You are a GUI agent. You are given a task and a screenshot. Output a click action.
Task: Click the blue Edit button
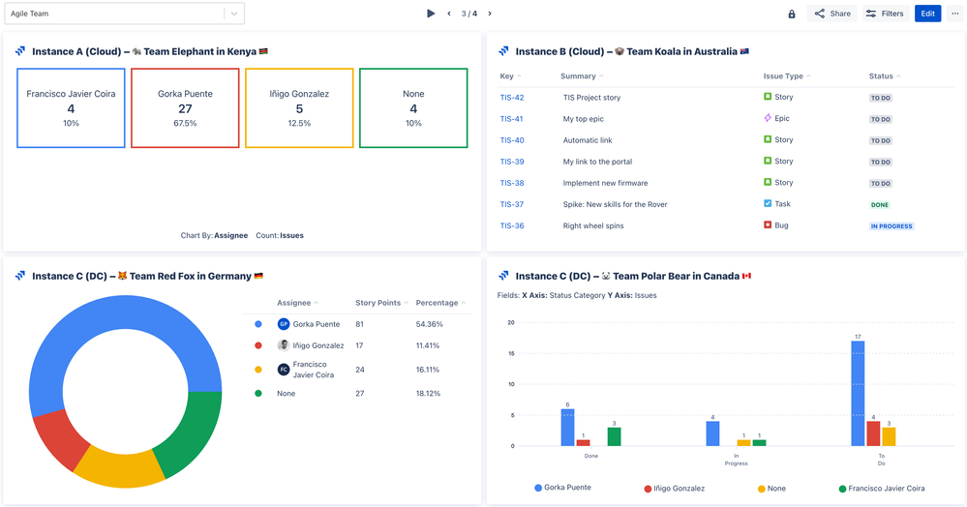pyautogui.click(x=927, y=14)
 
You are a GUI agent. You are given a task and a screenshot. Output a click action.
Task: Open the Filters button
pyautogui.click(x=884, y=14)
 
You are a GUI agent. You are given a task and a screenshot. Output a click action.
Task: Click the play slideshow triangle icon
pyautogui.click(x=431, y=14)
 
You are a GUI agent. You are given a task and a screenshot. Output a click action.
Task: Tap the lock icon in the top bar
pyautogui.click(x=792, y=14)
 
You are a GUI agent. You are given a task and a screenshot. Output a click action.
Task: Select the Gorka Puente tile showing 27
pyautogui.click(x=185, y=107)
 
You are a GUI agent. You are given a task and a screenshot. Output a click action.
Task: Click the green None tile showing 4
pyautogui.click(x=413, y=107)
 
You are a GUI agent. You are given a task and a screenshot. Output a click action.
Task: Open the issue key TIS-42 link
pyautogui.click(x=511, y=98)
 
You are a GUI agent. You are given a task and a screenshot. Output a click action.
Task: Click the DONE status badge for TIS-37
pyautogui.click(x=879, y=205)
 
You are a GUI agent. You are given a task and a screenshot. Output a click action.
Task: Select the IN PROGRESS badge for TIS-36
pyautogui.click(x=891, y=226)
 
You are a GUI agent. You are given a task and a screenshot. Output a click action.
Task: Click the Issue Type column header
pyautogui.click(x=783, y=76)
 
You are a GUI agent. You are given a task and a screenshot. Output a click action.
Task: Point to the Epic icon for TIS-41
pyautogui.click(x=768, y=118)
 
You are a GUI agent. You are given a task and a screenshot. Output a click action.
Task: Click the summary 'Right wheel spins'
pyautogui.click(x=594, y=225)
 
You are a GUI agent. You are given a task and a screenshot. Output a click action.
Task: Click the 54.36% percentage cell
pyautogui.click(x=428, y=324)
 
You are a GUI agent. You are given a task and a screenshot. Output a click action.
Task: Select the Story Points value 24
pyautogui.click(x=360, y=369)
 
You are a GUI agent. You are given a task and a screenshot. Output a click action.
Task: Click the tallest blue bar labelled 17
pyautogui.click(x=858, y=393)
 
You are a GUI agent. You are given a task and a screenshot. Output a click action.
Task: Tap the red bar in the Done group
pyautogui.click(x=583, y=442)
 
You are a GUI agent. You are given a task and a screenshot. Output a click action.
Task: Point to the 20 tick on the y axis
pyautogui.click(x=510, y=322)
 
